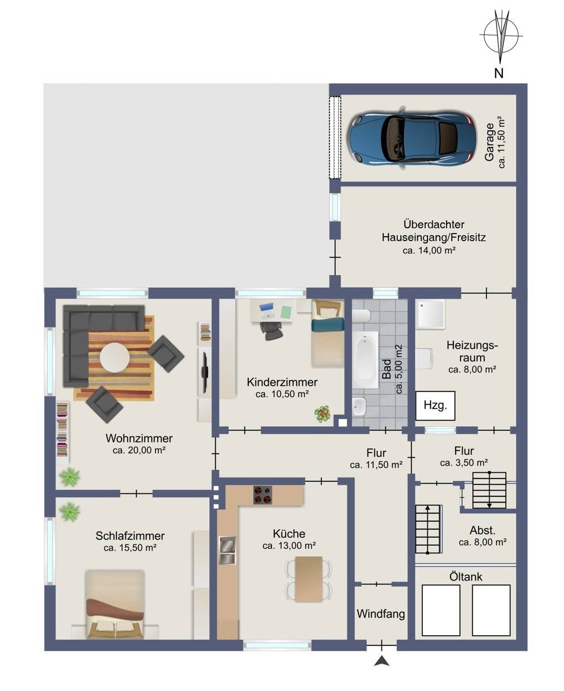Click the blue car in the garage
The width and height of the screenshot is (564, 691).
point(411,138)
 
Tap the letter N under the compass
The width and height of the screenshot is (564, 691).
point(498,73)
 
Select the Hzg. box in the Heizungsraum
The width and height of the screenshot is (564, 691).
point(435,405)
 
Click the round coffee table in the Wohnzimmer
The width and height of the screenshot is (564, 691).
point(115,357)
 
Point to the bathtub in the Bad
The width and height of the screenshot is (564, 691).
point(365,359)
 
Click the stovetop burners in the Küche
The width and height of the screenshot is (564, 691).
point(262,495)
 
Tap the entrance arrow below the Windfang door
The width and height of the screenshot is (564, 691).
point(382,660)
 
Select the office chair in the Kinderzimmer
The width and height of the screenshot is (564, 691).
point(271,331)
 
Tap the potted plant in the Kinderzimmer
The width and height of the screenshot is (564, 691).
point(323,414)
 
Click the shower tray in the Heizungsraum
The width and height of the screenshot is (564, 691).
point(430,314)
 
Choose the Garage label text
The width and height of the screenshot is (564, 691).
point(489,142)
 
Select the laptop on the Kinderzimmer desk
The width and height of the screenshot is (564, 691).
point(267,310)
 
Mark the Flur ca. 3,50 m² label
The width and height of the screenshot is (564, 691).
point(464,457)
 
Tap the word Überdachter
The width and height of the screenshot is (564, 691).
point(434,225)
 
